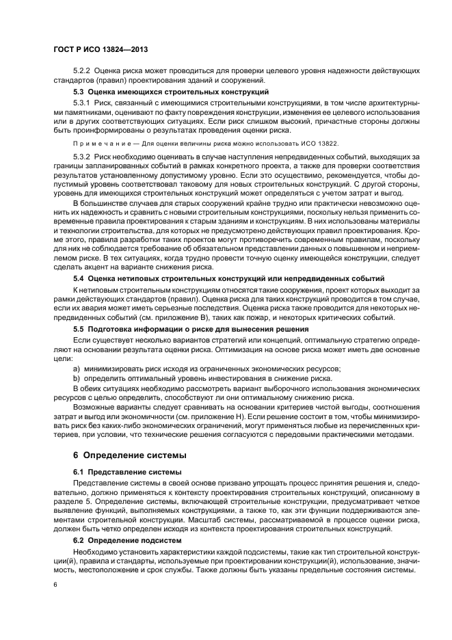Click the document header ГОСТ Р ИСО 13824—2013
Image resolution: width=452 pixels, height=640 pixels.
(101, 50)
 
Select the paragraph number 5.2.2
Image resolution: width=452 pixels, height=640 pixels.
(82, 70)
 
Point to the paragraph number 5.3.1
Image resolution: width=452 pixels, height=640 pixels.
(82, 103)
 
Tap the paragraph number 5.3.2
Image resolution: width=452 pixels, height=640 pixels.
(82, 157)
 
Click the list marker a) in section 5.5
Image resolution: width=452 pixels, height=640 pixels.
(77, 368)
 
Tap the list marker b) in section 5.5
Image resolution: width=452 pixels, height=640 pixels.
(77, 377)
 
